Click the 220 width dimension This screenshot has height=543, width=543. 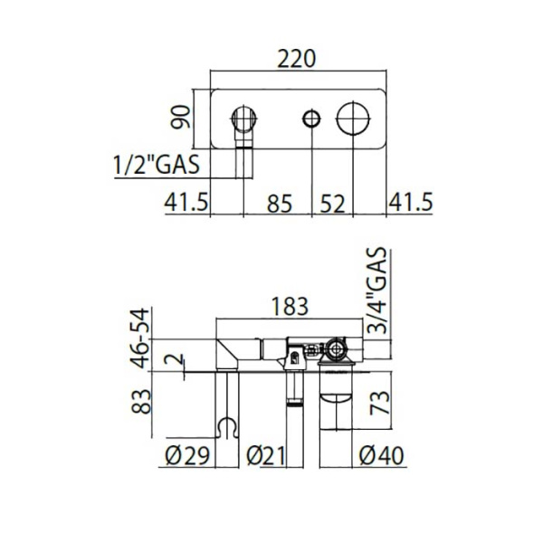(298, 59)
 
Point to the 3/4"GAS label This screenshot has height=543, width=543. (378, 292)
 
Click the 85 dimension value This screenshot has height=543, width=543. (280, 204)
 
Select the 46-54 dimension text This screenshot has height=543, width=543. (138, 338)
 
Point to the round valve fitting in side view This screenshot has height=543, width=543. (337, 349)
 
